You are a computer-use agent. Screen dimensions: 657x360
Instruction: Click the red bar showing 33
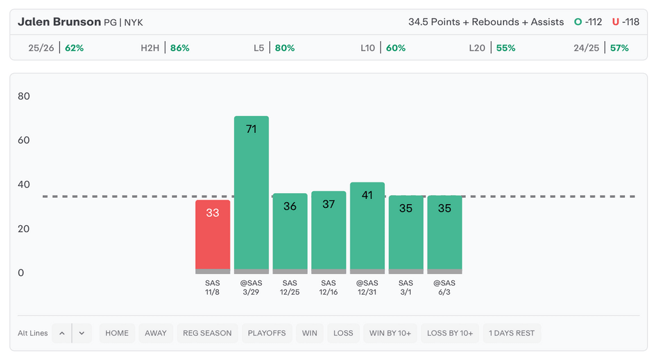[x=212, y=237]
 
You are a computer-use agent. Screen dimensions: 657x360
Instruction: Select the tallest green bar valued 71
[x=252, y=195]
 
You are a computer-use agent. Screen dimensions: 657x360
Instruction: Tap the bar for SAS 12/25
[x=290, y=234]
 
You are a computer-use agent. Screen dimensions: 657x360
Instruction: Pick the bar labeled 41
[x=368, y=228]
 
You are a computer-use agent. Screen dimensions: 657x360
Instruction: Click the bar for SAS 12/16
[x=328, y=232]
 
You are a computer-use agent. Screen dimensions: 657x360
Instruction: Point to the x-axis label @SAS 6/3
[x=445, y=287]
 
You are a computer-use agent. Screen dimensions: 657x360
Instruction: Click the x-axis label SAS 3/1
[x=405, y=287]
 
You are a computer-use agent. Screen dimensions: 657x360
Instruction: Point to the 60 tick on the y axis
[x=24, y=140]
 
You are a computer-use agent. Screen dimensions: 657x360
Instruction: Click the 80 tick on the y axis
[x=24, y=96]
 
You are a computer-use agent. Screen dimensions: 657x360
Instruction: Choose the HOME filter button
[x=117, y=333]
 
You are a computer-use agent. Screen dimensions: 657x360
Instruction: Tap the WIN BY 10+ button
[x=390, y=333]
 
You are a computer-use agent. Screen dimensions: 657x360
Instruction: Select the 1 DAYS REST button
[x=511, y=333]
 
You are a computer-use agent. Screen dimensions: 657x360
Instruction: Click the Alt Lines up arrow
[x=62, y=333]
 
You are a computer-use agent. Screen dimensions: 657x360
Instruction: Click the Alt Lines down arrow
[x=81, y=333]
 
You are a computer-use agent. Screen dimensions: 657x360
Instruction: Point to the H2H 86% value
[x=180, y=48]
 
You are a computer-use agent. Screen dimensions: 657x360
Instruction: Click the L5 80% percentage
[x=285, y=48]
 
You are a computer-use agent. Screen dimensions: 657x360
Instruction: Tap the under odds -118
[x=631, y=22]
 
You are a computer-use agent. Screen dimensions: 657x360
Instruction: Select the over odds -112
[x=593, y=22]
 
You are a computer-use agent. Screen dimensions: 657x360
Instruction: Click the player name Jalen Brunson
[x=59, y=22]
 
